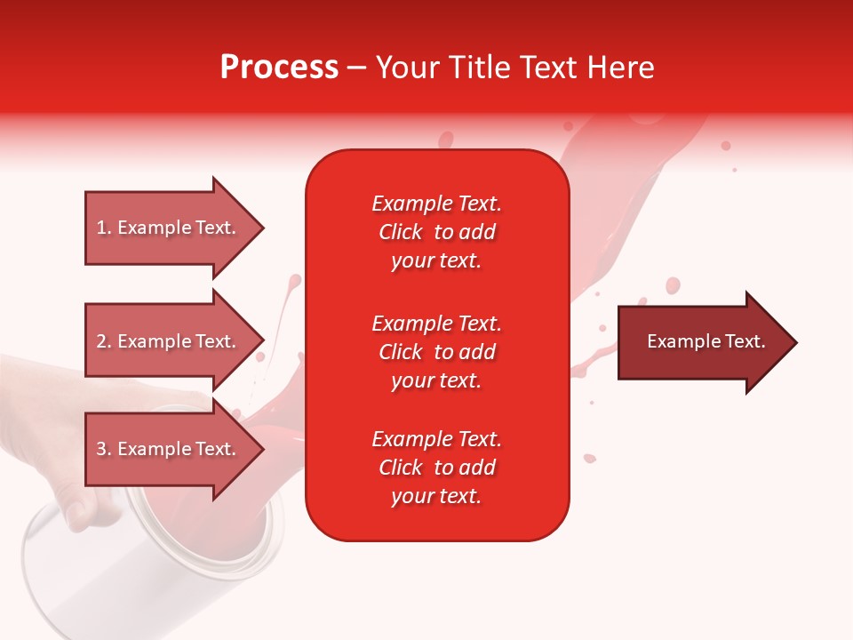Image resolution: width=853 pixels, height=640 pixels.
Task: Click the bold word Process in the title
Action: (279, 68)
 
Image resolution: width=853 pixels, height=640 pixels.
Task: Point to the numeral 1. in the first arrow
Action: (104, 228)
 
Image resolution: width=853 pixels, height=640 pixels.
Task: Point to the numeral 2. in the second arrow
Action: (104, 341)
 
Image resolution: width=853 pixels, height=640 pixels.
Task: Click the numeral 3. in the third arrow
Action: (104, 449)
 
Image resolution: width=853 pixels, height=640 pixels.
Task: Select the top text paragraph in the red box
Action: (436, 232)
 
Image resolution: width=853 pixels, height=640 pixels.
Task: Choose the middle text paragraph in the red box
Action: (436, 352)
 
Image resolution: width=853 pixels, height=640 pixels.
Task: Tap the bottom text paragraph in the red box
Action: (436, 468)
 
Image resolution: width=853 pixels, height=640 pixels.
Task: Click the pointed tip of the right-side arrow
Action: (793, 342)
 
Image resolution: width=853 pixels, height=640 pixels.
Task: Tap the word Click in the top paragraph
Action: (401, 232)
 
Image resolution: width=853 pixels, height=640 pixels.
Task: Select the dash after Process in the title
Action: (357, 68)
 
